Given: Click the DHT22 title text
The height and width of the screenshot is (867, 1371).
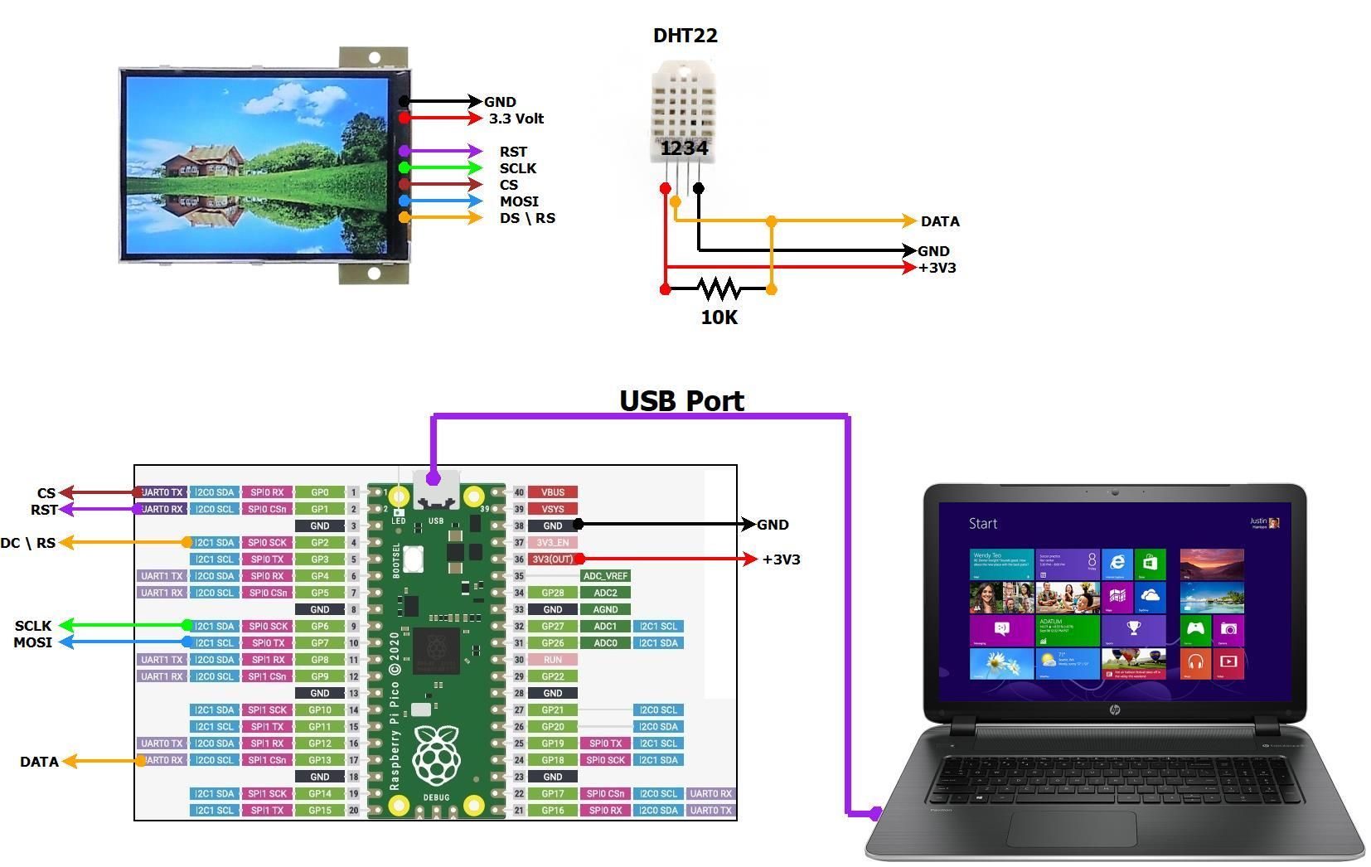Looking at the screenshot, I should [x=685, y=36].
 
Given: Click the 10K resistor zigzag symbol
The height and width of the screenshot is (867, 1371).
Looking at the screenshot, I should [x=719, y=288].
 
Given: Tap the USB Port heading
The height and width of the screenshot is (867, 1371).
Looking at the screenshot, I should [x=681, y=400].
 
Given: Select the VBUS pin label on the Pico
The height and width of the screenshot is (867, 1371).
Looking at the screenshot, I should [x=552, y=492].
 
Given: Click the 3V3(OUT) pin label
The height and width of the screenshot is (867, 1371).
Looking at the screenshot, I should [x=552, y=559].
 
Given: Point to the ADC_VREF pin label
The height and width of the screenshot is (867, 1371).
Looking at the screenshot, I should [x=605, y=576].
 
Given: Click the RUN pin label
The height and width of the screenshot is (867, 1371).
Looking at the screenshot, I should [x=552, y=660].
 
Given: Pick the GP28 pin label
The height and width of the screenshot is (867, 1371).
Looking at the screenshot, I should [x=552, y=593].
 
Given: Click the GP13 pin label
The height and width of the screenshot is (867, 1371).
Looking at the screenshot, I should [x=319, y=760].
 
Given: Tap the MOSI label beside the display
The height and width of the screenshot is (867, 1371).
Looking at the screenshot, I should [x=519, y=201].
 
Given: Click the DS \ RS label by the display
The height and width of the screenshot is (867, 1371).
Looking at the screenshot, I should [x=527, y=218].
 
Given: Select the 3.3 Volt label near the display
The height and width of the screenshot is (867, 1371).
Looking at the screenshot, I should [x=516, y=119].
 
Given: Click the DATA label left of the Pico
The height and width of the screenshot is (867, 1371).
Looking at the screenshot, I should [x=39, y=762].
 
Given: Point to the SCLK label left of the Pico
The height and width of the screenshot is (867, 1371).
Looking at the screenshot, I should [x=33, y=626].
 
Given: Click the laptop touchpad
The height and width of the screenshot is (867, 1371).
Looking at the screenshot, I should [x=1072, y=828].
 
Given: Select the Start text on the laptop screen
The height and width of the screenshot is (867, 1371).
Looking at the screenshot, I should [x=982, y=524].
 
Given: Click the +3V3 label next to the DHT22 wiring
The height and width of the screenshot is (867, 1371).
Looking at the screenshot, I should [x=937, y=268].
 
